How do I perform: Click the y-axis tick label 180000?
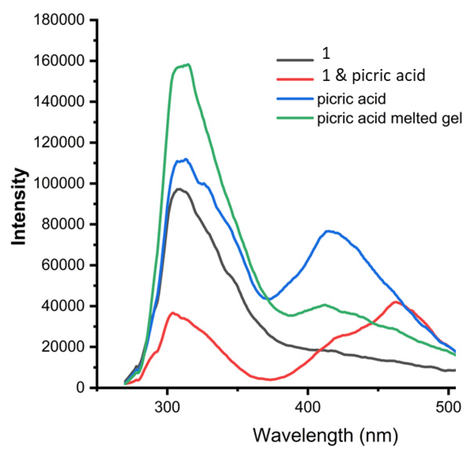point(59,20)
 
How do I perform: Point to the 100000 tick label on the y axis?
point(59,183)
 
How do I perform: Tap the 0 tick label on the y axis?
point(80,388)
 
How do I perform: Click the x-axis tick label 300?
point(168,407)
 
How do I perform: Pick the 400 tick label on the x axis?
point(308,407)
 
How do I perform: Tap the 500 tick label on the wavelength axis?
point(448,407)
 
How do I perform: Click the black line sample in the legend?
point(295,59)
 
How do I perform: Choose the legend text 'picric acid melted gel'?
point(390,119)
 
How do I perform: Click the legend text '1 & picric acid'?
point(373,76)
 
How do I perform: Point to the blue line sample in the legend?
point(295,99)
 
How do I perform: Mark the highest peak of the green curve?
point(188,65)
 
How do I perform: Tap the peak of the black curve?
point(178,189)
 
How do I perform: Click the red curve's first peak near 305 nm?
point(173,312)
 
